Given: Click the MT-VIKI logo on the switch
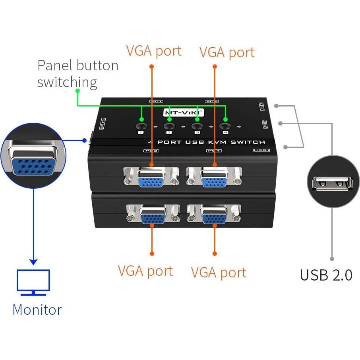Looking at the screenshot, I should click(x=183, y=112).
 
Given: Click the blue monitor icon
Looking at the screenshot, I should click(x=33, y=282).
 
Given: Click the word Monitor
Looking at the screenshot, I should click(x=37, y=310).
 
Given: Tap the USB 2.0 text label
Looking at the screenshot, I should click(x=326, y=275).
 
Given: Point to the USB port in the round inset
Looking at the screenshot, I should click(x=333, y=182).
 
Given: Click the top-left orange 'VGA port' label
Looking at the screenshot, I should click(x=154, y=51).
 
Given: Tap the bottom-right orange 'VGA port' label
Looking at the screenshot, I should click(x=219, y=272).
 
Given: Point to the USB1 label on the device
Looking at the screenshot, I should click(x=261, y=150).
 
